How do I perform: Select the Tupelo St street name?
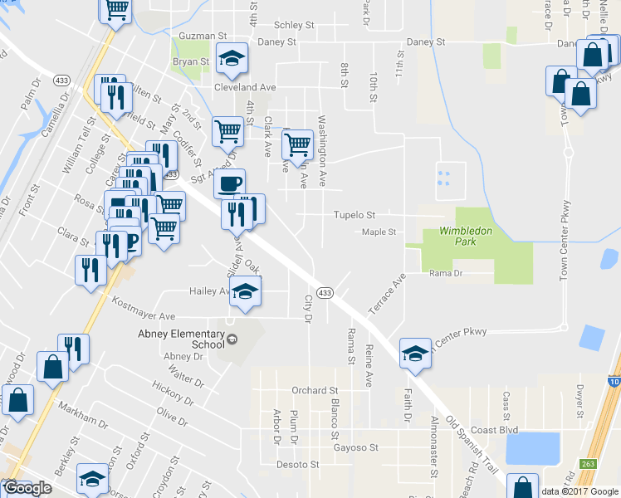pos(355,215)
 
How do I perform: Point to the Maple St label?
pos(379,232)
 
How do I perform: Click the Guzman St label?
pos(203,37)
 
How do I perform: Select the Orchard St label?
pos(315,390)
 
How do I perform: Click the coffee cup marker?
pos(230,182)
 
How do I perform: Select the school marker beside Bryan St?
pos(232,56)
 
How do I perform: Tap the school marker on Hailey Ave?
pos(246,290)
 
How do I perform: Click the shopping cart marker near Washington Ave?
pos(296,144)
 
